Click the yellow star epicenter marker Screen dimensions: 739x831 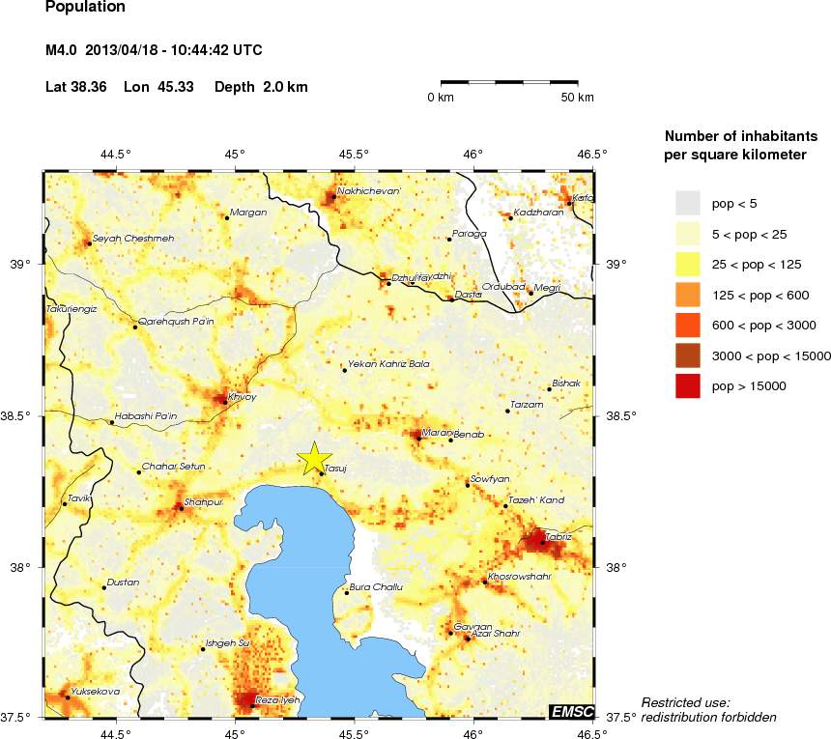pos(313,459)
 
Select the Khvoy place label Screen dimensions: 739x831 pos(242,396)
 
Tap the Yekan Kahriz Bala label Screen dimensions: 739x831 pos(388,364)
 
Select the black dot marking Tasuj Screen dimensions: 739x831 pos(321,473)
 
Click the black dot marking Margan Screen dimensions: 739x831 pos(227,217)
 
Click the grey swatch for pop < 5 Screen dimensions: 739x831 pos(687,203)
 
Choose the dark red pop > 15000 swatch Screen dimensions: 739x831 pos(687,385)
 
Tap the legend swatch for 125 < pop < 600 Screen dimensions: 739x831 pos(687,295)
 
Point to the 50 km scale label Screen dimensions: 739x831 pos(578,98)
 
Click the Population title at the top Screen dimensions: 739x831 pos(85,8)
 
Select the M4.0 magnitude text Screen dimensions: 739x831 pos(63,50)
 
